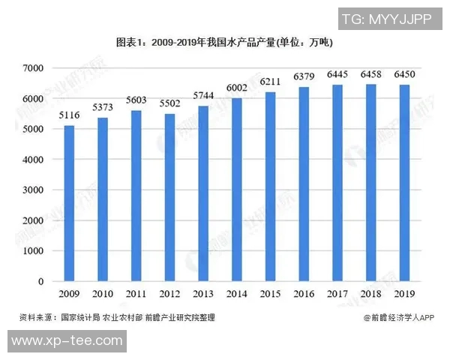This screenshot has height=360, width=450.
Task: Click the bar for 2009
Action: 69,203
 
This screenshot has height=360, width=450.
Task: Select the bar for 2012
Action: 169,197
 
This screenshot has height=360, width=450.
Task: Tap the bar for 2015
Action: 270,187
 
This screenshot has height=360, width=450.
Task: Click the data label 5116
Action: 69,114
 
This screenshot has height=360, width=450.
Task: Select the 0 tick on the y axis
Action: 41,281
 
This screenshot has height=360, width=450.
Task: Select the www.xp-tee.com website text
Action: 67,340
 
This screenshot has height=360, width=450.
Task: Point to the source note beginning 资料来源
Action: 117,318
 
